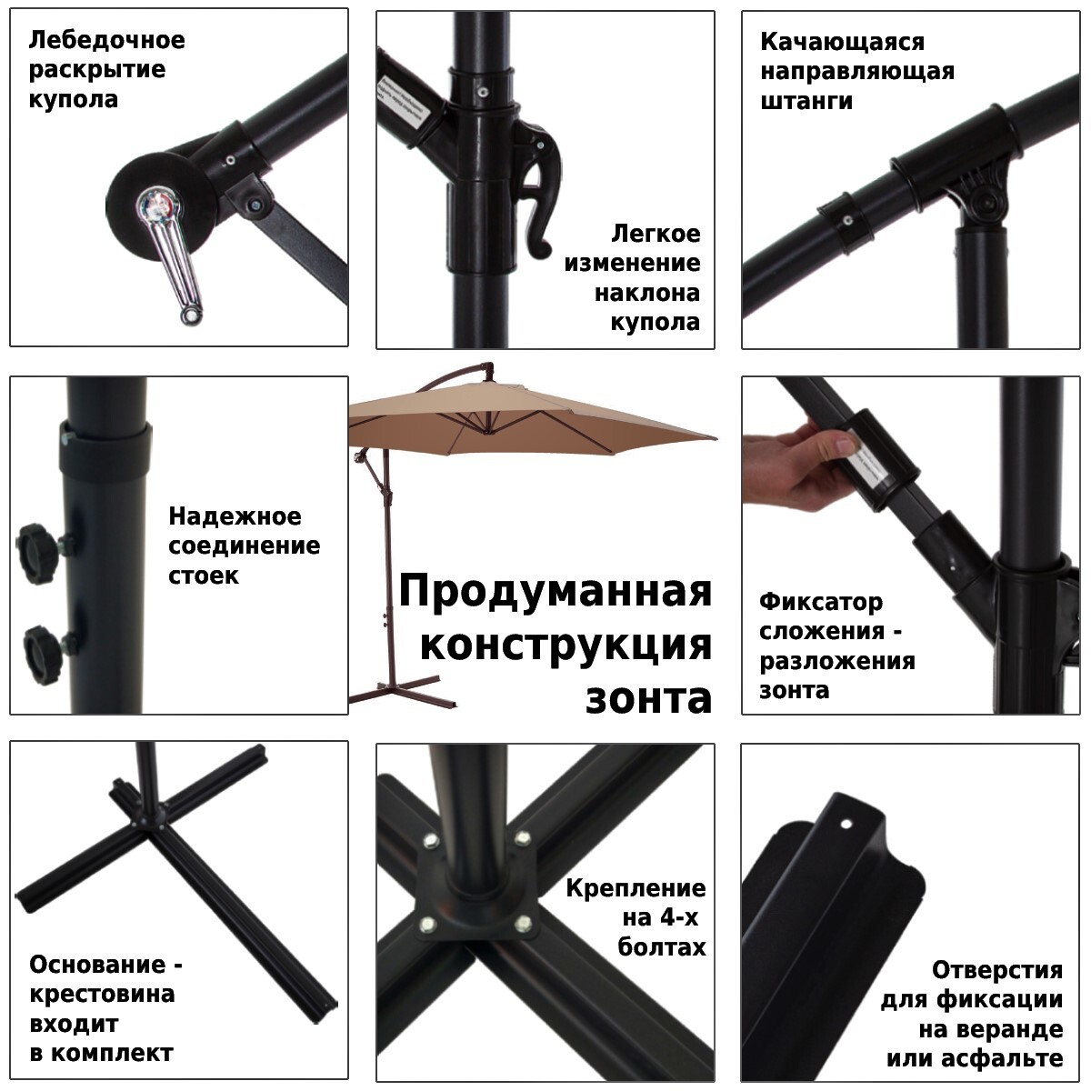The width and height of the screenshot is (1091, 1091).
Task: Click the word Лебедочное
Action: coord(107,40)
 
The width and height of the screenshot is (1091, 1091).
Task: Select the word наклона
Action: coord(647,294)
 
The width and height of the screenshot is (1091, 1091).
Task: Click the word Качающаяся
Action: coord(843,43)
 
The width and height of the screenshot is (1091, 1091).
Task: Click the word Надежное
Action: coord(235,516)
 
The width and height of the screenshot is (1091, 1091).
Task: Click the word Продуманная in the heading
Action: coord(556,591)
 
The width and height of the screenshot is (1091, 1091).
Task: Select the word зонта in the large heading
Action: coord(649,698)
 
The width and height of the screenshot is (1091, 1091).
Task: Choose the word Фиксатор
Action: coord(821,602)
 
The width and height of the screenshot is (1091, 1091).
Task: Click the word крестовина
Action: coord(102,994)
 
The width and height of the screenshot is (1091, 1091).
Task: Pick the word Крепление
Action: coord(636,887)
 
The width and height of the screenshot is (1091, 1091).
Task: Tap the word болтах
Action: coord(661,946)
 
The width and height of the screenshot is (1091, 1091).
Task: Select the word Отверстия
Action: coord(997,970)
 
